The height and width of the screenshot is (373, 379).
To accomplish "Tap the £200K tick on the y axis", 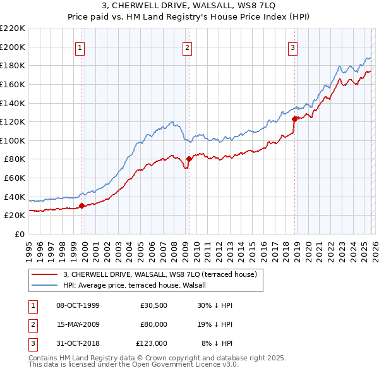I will pyautogui.click(x=13, y=47).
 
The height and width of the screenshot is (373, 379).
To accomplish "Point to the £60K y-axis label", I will pyautogui.click(x=15, y=178).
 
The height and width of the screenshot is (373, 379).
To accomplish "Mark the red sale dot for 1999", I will pyautogui.click(x=81, y=205).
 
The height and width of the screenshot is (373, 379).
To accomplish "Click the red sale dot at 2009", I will pyautogui.click(x=189, y=159).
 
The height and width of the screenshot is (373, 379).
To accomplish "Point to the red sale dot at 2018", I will pyautogui.click(x=294, y=118).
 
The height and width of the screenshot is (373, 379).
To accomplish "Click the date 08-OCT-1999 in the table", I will pyautogui.click(x=78, y=305).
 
